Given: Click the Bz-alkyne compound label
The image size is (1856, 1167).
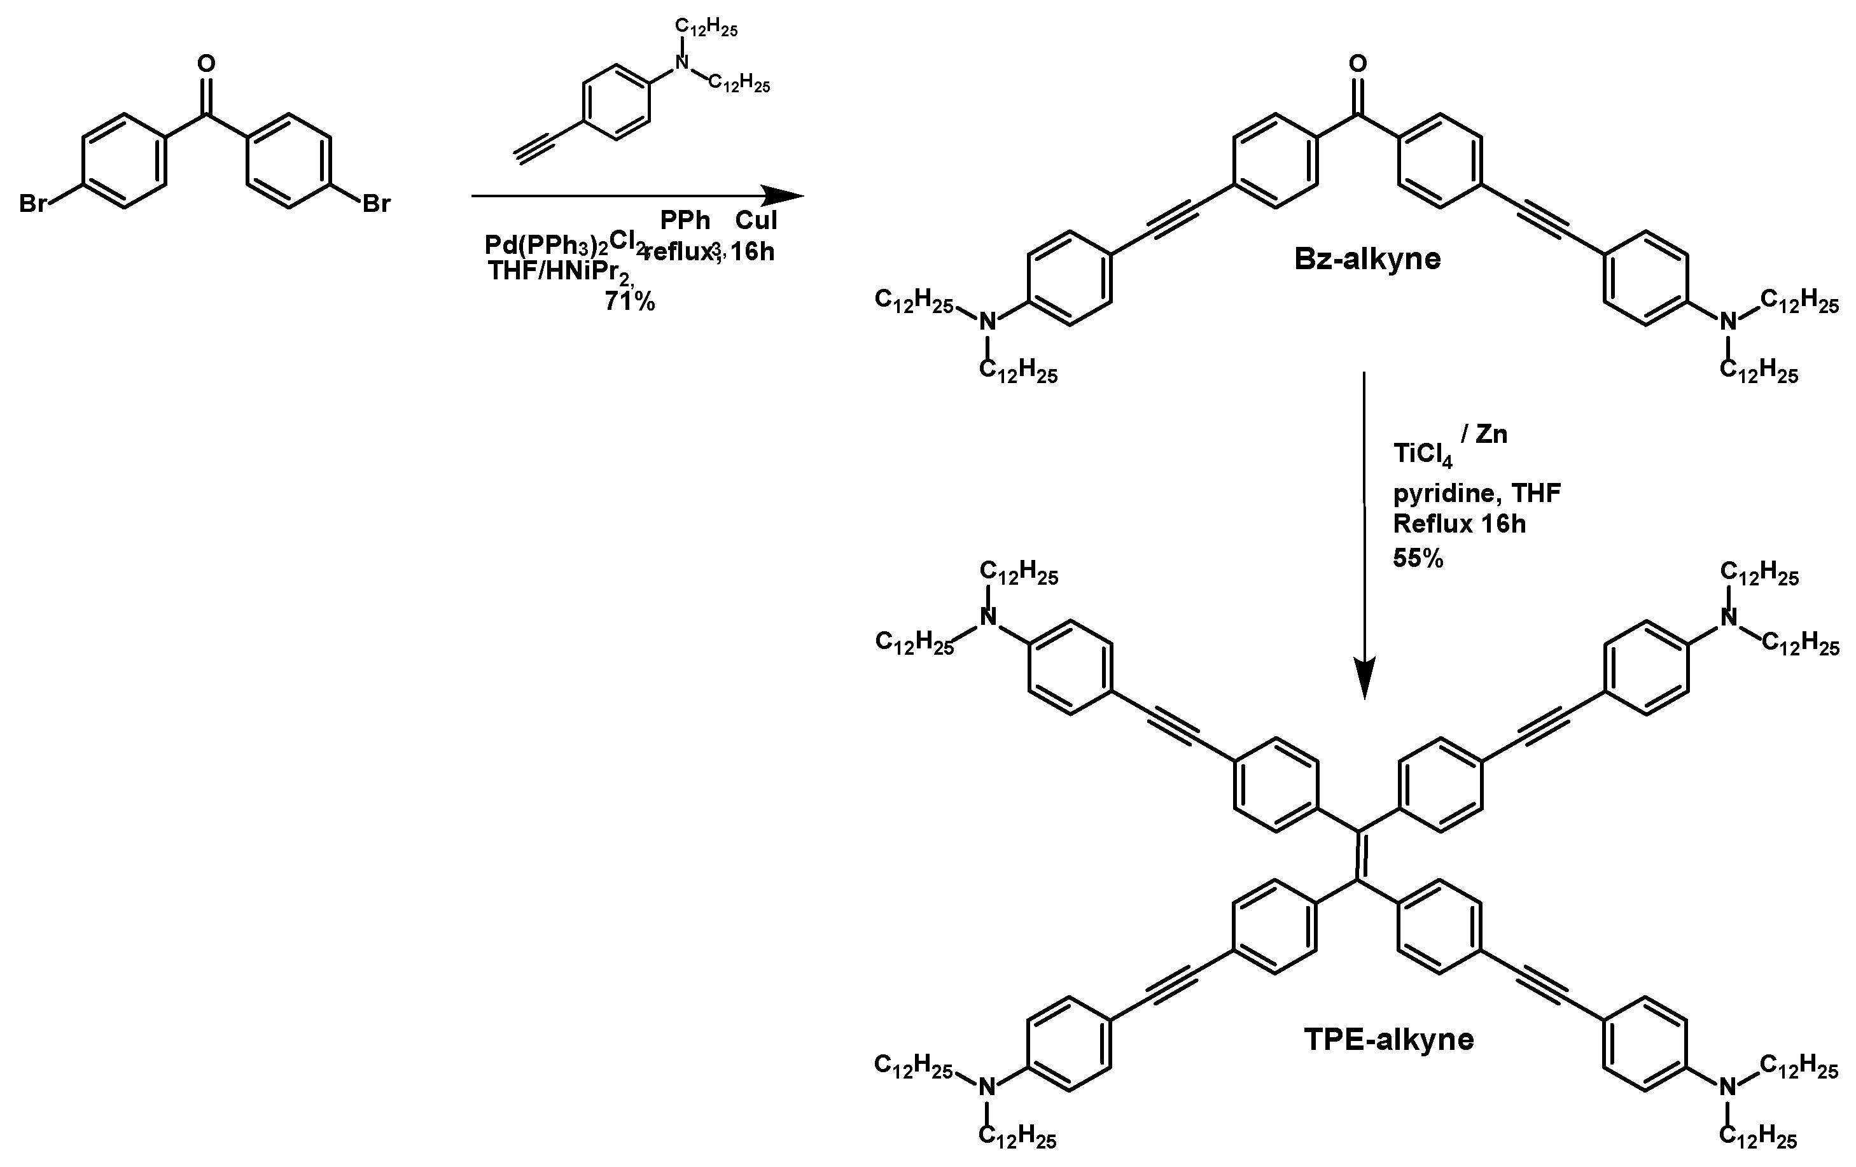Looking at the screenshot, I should point(1367,259).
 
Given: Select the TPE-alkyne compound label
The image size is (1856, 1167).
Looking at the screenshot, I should point(1389,1039).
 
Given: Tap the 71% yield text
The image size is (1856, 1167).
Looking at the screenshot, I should point(630,302).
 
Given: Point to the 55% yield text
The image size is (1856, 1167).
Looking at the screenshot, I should point(1418,558).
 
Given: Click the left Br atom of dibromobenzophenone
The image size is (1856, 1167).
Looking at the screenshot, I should point(33,204).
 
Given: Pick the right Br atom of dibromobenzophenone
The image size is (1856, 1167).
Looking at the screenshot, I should point(376,204).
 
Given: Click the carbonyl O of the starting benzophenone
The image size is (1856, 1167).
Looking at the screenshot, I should point(206,63).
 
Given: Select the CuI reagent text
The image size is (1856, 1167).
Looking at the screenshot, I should point(756,220).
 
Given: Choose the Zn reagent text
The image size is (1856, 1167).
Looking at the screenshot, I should point(1491,435).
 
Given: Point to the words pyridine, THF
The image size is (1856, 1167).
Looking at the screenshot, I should point(1477,493).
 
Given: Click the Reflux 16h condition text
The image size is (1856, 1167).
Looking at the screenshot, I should point(1459,524).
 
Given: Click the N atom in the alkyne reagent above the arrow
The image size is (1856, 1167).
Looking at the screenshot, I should point(681,62).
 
